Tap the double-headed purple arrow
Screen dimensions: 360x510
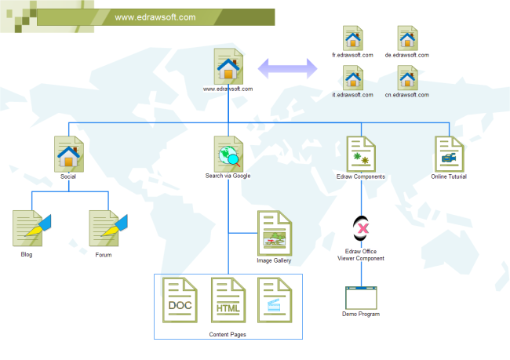tap(289, 68)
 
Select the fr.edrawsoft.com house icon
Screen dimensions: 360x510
tap(353, 38)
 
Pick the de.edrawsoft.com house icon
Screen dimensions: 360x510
tap(407, 38)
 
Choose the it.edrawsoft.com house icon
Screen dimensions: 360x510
tap(353, 78)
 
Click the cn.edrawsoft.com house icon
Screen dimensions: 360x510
tap(407, 78)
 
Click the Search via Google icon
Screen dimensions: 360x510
tap(228, 153)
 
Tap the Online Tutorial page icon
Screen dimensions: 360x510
tap(449, 153)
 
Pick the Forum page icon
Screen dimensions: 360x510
tap(104, 228)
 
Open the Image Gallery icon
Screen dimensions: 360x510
tap(275, 233)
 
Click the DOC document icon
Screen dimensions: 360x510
tap(180, 300)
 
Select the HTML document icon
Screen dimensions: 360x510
tap(228, 300)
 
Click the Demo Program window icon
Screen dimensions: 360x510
tap(361, 297)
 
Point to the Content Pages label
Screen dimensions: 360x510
tap(228, 335)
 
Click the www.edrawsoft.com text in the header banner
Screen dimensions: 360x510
tap(155, 17)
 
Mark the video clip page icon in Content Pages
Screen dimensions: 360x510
tap(275, 300)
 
